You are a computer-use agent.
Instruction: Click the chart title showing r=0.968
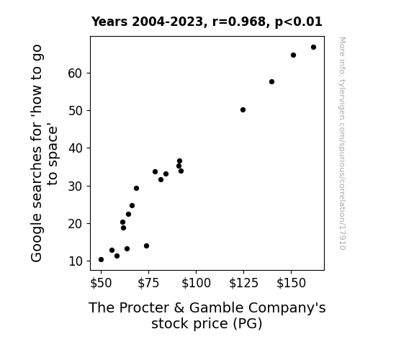207,22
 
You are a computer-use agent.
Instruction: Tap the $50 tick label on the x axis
101,283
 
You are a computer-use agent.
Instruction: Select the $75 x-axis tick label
148,283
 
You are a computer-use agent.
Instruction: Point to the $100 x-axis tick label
196,283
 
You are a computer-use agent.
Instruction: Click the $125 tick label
243,283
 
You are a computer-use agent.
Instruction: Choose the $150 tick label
291,283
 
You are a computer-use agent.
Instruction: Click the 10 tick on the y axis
76,261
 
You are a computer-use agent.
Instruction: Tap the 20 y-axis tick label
76,224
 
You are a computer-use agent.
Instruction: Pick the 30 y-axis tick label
76,186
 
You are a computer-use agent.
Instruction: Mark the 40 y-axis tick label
76,148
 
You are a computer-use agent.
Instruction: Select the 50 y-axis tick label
76,111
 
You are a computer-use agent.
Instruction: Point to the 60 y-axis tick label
76,73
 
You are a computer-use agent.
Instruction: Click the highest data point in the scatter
313,48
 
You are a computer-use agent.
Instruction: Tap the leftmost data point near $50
101,260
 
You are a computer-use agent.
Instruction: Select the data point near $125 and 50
243,110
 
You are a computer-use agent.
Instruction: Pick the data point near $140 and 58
271,82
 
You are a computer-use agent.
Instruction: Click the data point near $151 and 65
293,55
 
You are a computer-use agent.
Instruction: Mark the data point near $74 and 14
147,246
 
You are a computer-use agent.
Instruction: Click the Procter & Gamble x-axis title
207,315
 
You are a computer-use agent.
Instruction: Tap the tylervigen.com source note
342,143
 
